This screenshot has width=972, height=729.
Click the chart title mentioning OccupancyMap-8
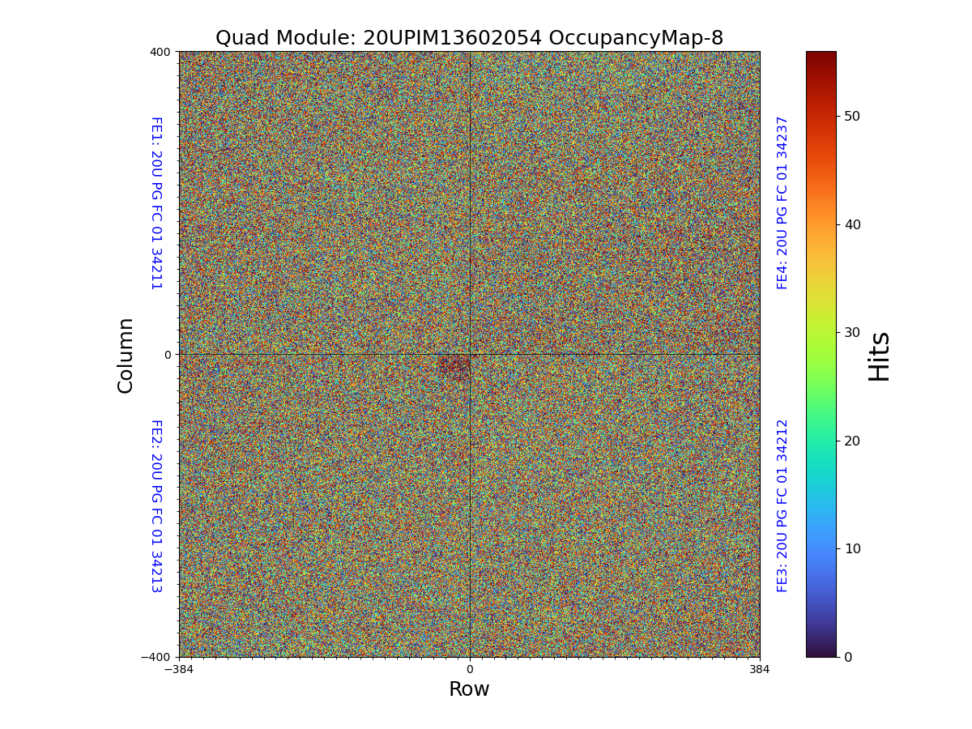click(469, 38)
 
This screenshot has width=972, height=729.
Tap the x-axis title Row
click(469, 689)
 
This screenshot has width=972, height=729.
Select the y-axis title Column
click(126, 355)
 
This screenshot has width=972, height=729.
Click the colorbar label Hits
click(879, 356)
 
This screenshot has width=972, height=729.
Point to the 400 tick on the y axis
click(160, 52)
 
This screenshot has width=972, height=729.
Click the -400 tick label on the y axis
click(156, 657)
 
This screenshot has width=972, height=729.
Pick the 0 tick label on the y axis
click(168, 355)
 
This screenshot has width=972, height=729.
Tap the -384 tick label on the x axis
click(179, 669)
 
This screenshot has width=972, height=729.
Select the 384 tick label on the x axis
click(760, 669)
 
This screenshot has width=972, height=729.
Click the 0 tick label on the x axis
click(469, 669)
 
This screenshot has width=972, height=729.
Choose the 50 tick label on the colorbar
click(852, 116)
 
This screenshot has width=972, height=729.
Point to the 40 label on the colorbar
click(852, 224)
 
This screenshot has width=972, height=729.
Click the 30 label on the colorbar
click(852, 332)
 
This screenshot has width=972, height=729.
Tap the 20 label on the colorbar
click(852, 441)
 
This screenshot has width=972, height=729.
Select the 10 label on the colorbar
click(852, 548)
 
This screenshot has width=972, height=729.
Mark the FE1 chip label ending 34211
click(156, 202)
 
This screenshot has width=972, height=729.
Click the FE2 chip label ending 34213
click(156, 505)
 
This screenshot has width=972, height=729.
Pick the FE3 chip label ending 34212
click(782, 505)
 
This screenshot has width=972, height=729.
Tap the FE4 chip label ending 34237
click(782, 202)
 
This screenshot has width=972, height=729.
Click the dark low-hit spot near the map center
click(454, 365)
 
